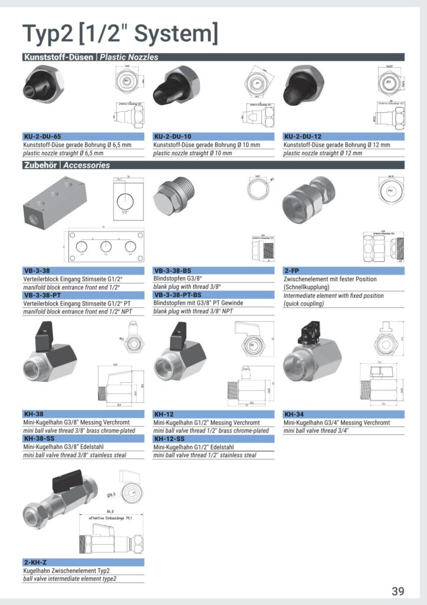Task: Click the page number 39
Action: [398, 591]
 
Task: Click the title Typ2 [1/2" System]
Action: [120, 33]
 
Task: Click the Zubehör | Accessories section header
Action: [66, 165]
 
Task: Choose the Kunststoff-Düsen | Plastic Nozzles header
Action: [90, 57]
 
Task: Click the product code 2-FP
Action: [291, 271]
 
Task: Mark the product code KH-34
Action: [293, 414]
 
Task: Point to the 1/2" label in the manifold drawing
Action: [124, 212]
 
